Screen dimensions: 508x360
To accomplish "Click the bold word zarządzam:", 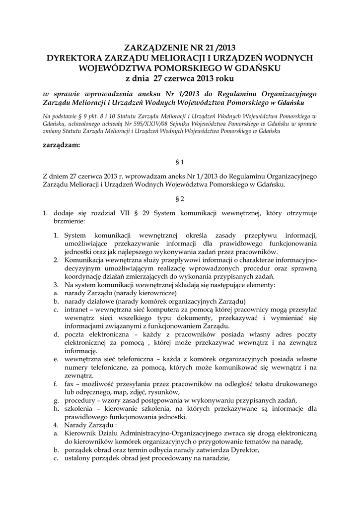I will [x=62, y=145].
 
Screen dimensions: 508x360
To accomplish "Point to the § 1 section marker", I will [x=180, y=162].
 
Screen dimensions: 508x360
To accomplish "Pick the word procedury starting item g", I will [x=80, y=400].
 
